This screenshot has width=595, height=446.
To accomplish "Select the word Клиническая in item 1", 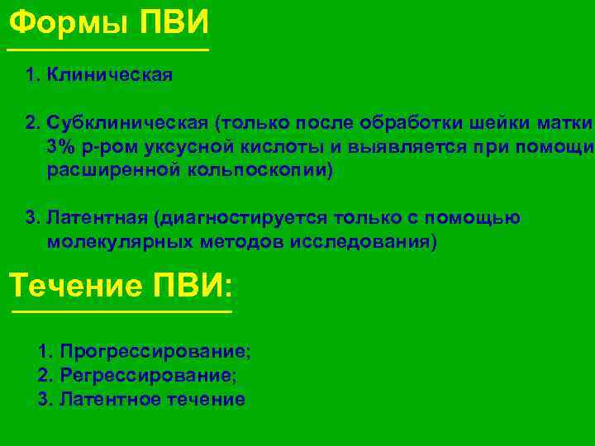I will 110,76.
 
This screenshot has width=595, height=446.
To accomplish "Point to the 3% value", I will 60,148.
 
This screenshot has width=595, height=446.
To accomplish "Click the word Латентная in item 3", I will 98,219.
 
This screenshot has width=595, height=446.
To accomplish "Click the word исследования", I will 364,243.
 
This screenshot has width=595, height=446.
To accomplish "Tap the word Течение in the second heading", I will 75,286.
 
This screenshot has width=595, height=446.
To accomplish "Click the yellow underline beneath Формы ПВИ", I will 107,50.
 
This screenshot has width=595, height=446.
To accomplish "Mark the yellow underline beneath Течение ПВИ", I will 121,312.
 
